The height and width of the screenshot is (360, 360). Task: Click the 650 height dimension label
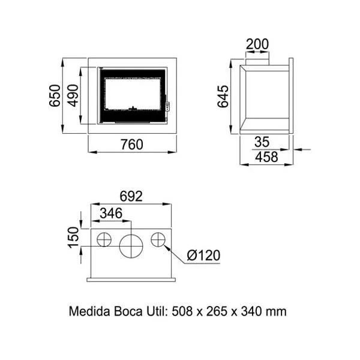55,95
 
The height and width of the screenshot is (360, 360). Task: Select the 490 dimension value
73,95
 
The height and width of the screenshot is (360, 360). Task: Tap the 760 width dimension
132,145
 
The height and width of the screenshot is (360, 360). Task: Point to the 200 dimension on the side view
257,44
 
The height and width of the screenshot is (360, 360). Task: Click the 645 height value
223,97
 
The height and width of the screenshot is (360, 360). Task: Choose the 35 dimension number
262,142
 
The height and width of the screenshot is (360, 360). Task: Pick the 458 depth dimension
266,157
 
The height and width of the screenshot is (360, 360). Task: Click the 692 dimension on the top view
131,196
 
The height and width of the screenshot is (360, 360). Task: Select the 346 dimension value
111,213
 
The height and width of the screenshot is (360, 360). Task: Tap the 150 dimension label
74,238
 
